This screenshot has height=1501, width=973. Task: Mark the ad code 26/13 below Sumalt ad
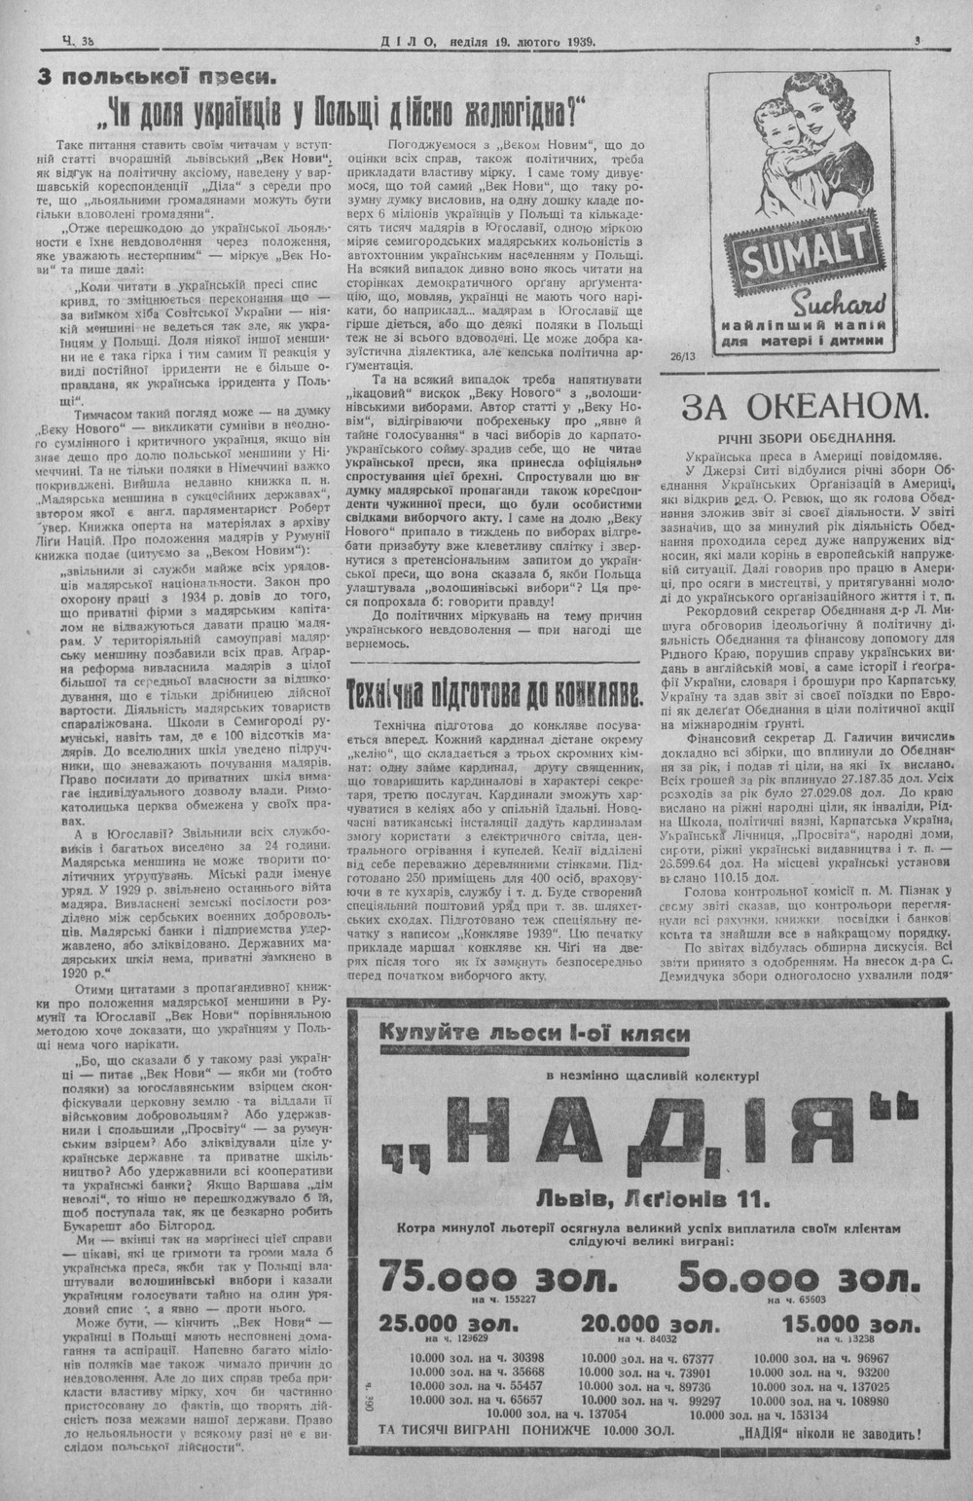click(684, 356)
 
